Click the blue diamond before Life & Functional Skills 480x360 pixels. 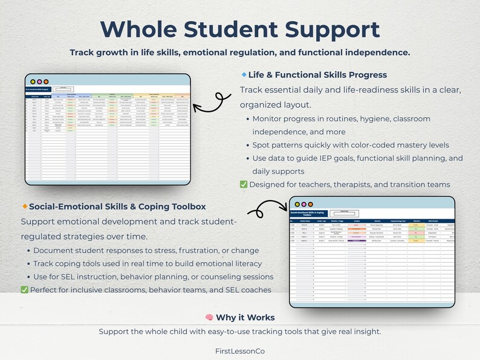[x=244, y=74]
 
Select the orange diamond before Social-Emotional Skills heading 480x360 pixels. [x=24, y=206]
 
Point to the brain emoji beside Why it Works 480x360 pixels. [x=209, y=317]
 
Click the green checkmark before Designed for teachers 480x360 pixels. [x=244, y=184]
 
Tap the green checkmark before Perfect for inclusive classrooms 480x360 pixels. [x=24, y=289]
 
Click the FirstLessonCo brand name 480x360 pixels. [x=240, y=350]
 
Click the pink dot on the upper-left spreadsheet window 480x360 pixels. [x=39, y=82]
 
